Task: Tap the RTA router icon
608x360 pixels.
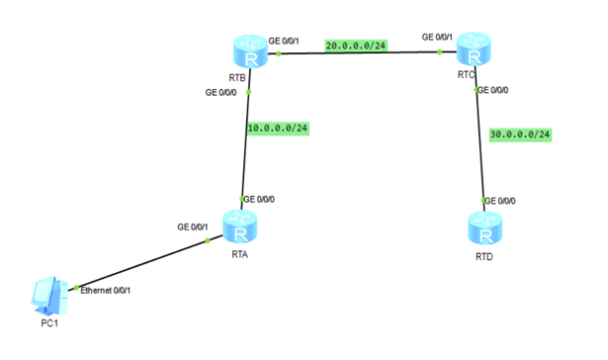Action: click(x=238, y=226)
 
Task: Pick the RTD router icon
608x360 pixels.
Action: click(x=480, y=228)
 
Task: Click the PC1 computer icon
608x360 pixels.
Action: click(x=47, y=294)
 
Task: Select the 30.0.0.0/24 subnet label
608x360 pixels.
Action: click(x=520, y=134)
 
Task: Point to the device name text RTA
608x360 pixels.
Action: click(x=239, y=253)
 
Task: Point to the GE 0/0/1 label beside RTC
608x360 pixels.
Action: click(x=437, y=38)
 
